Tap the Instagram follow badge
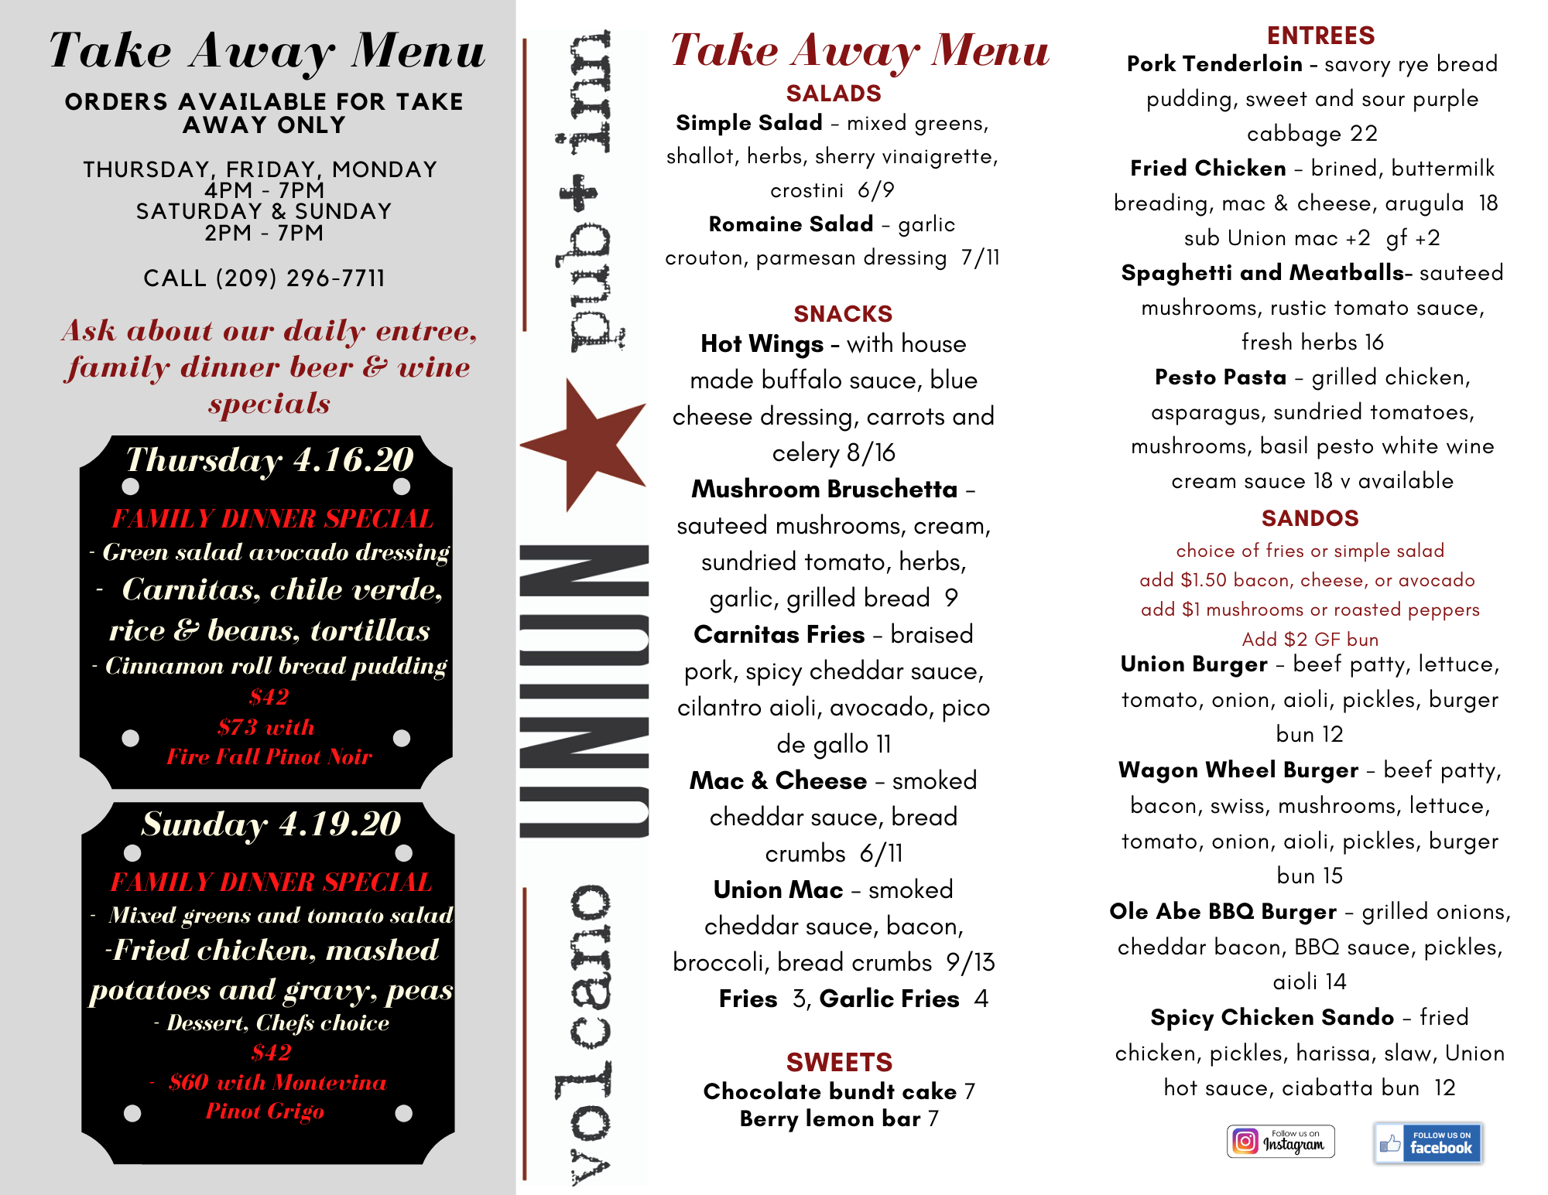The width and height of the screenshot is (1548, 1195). pyautogui.click(x=1280, y=1141)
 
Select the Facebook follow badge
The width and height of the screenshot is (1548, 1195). pyautogui.click(x=1428, y=1142)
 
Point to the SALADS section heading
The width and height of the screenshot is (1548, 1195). pyautogui.click(x=834, y=94)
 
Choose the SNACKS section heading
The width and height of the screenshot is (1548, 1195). pyautogui.click(x=843, y=313)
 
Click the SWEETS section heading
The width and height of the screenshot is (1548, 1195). pyautogui.click(x=839, y=1062)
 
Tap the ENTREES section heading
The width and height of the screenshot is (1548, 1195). pyautogui.click(x=1320, y=36)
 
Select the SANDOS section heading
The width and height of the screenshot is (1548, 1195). pyautogui.click(x=1310, y=518)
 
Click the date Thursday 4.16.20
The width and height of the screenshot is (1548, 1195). pyautogui.click(x=270, y=459)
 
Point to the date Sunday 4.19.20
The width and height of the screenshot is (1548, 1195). pyautogui.click(x=271, y=824)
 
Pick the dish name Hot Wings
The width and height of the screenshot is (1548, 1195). pyautogui.click(x=762, y=344)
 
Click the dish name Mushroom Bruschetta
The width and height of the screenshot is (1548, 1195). pyautogui.click(x=824, y=490)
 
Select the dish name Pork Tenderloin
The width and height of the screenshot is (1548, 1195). pyautogui.click(x=1214, y=64)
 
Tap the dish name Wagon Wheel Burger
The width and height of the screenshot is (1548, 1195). pyautogui.click(x=1238, y=770)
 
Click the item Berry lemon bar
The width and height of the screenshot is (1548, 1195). pyautogui.click(x=830, y=1119)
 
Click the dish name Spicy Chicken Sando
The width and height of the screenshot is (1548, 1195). pyautogui.click(x=1272, y=1017)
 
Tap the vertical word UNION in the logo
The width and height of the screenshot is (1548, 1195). pyautogui.click(x=584, y=691)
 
